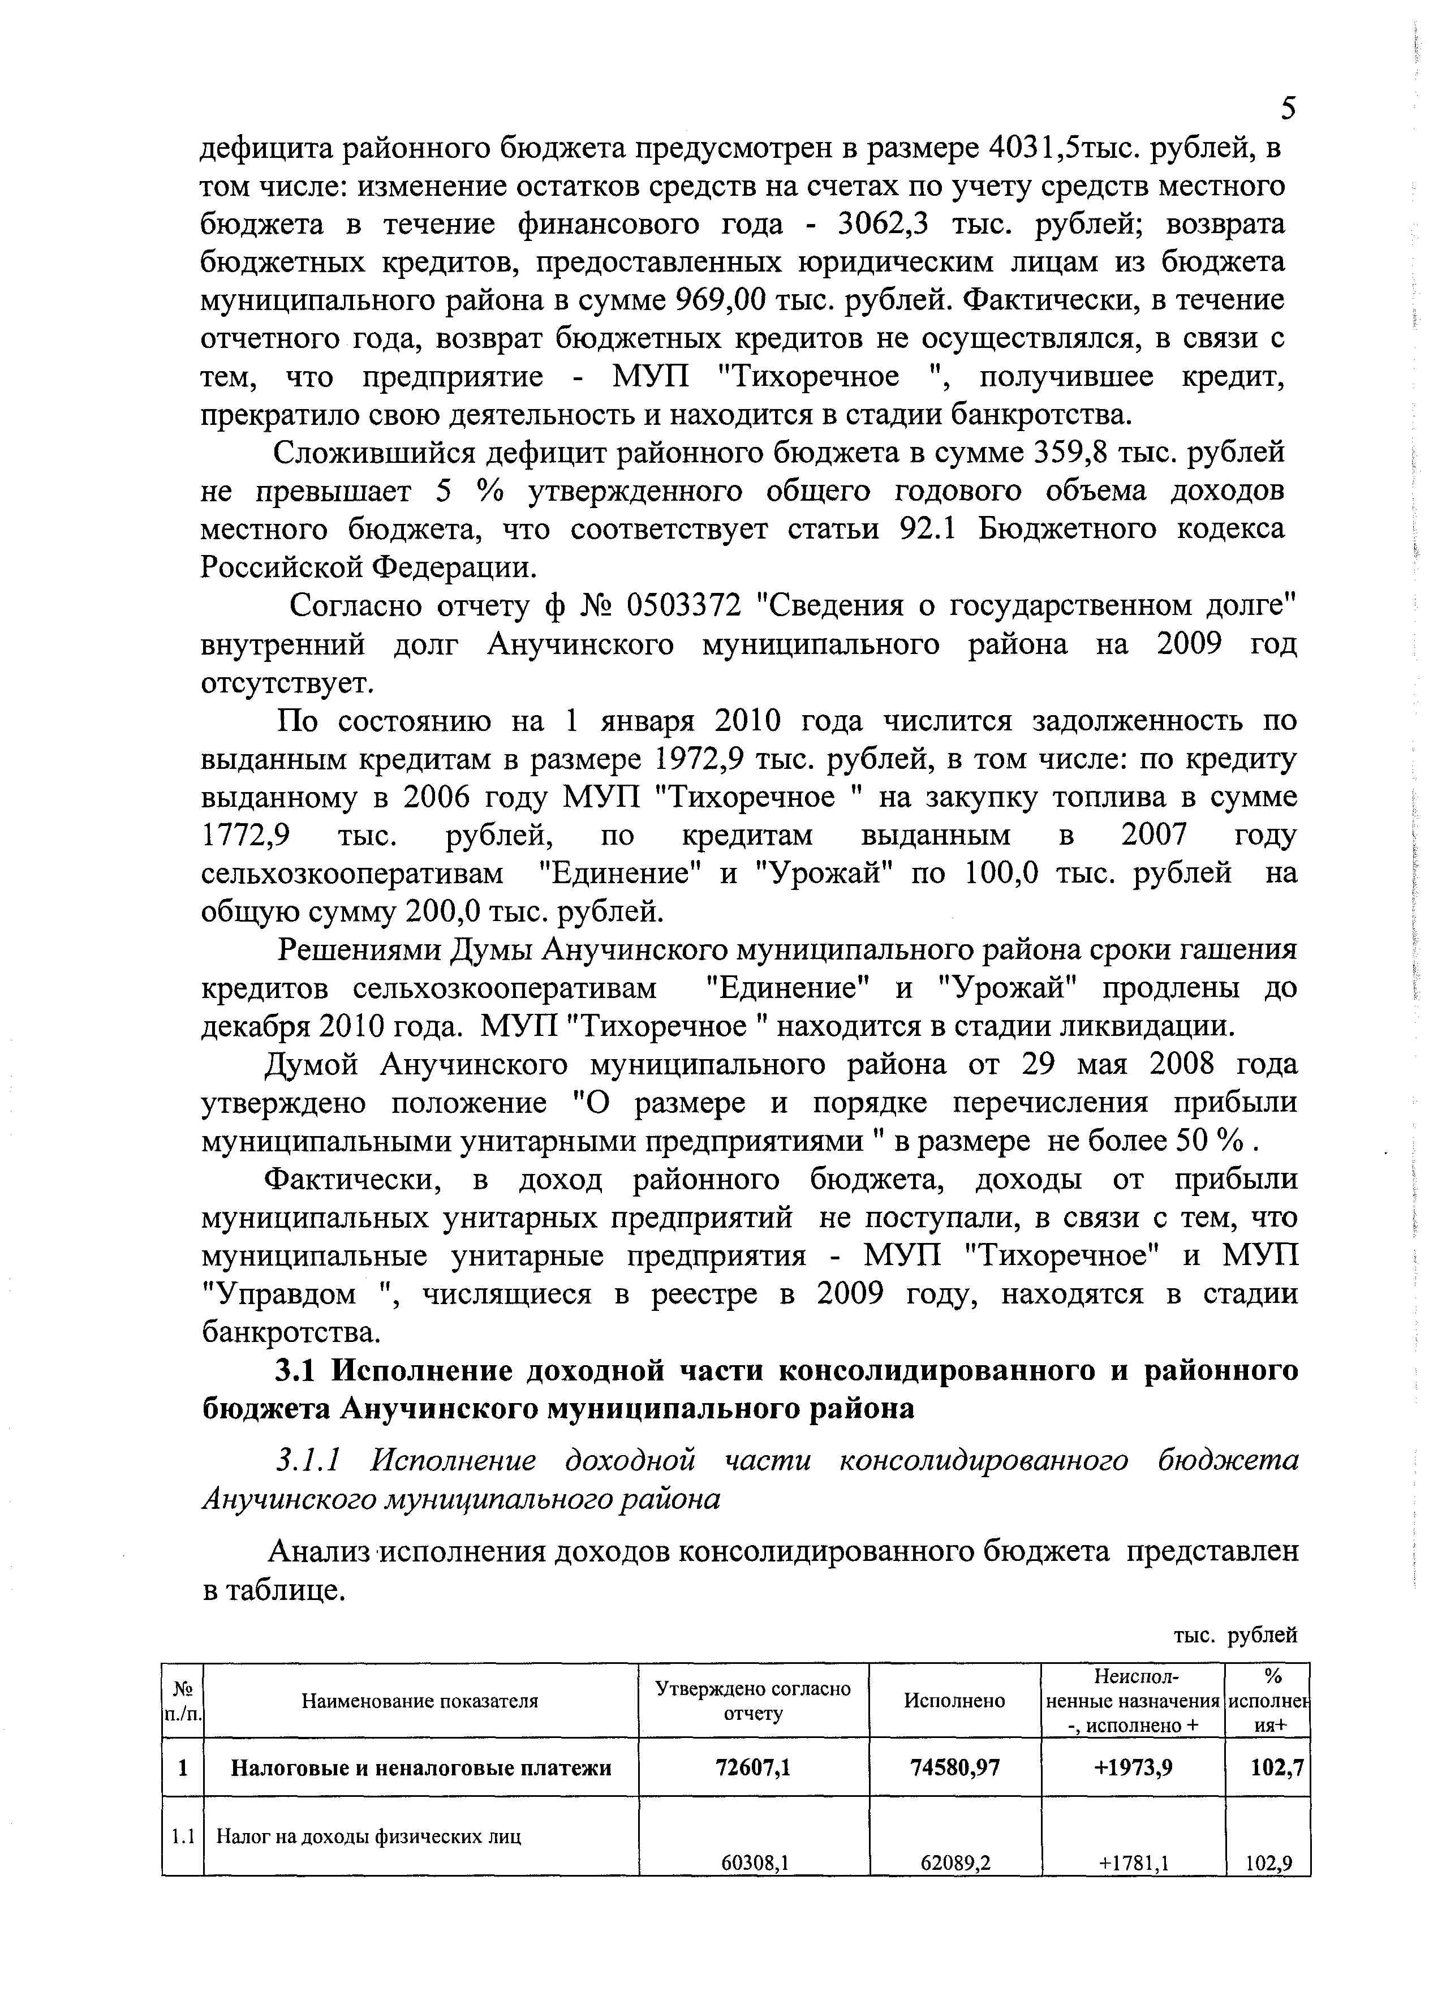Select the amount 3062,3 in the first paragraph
(x=884, y=225)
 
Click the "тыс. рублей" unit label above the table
(x=1236, y=1635)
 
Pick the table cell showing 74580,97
(x=955, y=1767)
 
